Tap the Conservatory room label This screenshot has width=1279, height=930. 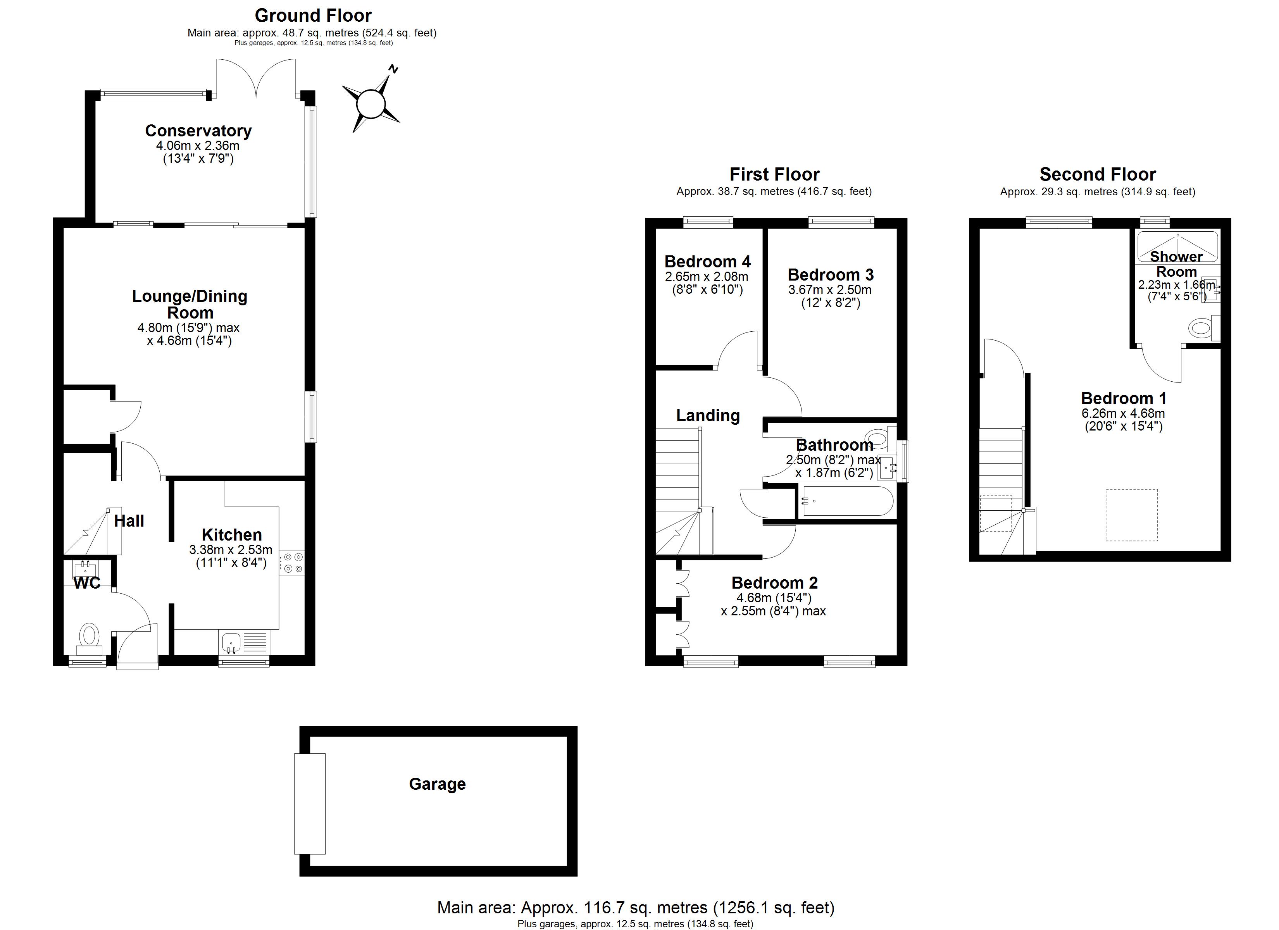coord(198,131)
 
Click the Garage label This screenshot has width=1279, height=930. coord(438,784)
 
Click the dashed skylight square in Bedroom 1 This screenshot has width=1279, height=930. coord(1131,515)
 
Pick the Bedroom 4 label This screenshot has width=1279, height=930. coord(707,262)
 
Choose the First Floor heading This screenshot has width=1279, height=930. coord(774,174)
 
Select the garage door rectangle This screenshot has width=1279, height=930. coord(310,804)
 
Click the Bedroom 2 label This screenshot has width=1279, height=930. coord(774,582)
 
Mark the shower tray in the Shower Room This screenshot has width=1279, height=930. coord(1177,246)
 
